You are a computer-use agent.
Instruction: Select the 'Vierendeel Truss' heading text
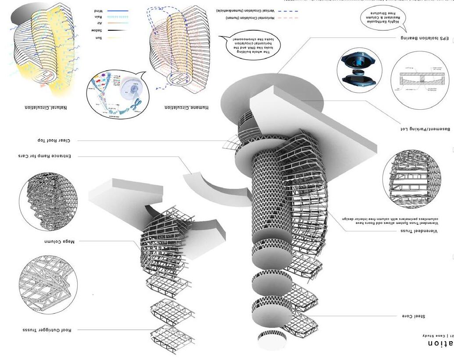(421, 230)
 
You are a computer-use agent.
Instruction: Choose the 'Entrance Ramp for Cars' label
(43, 156)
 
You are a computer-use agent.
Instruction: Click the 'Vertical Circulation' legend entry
(252, 10)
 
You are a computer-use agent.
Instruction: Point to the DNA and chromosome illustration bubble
(118, 94)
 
